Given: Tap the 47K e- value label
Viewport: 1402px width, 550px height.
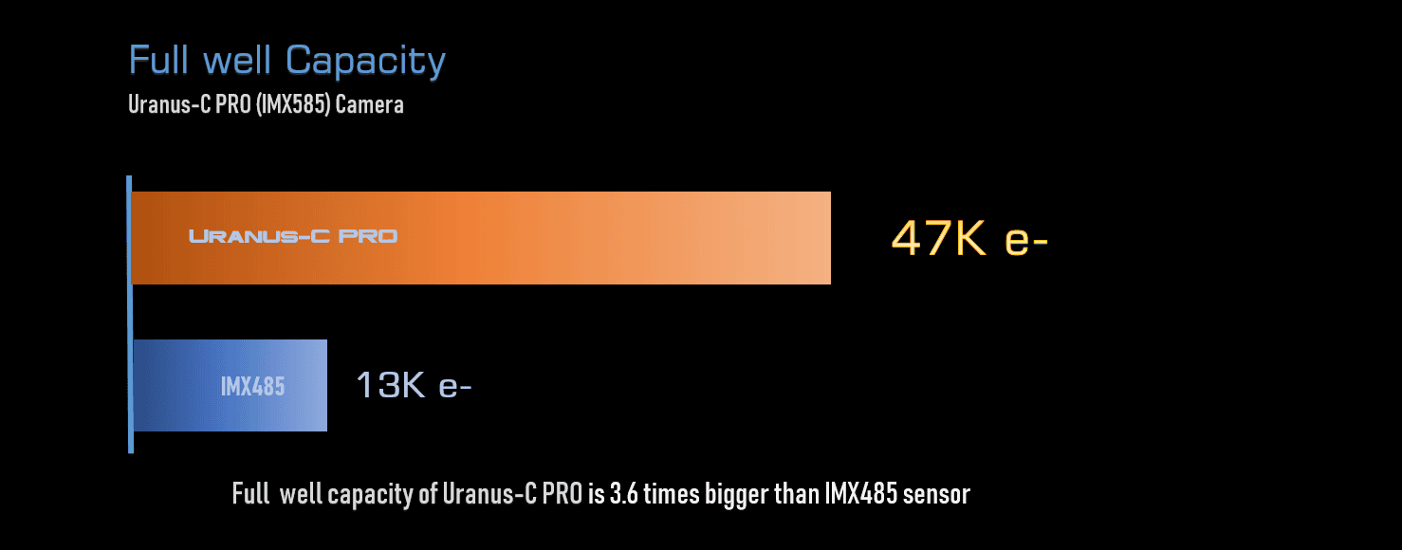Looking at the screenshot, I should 968,238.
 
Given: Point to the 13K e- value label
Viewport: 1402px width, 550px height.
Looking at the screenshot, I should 414,386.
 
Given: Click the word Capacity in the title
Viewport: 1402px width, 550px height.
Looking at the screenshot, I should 366,62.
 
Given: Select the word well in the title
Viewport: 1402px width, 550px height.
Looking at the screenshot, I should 237,61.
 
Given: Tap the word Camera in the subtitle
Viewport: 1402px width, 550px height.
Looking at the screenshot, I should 371,104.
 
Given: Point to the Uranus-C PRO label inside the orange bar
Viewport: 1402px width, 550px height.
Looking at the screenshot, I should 293,236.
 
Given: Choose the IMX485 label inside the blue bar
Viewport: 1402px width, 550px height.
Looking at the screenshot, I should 252,387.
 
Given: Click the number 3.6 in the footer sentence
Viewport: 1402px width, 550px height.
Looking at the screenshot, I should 620,494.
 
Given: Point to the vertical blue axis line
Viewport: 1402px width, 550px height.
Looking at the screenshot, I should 130,314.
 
